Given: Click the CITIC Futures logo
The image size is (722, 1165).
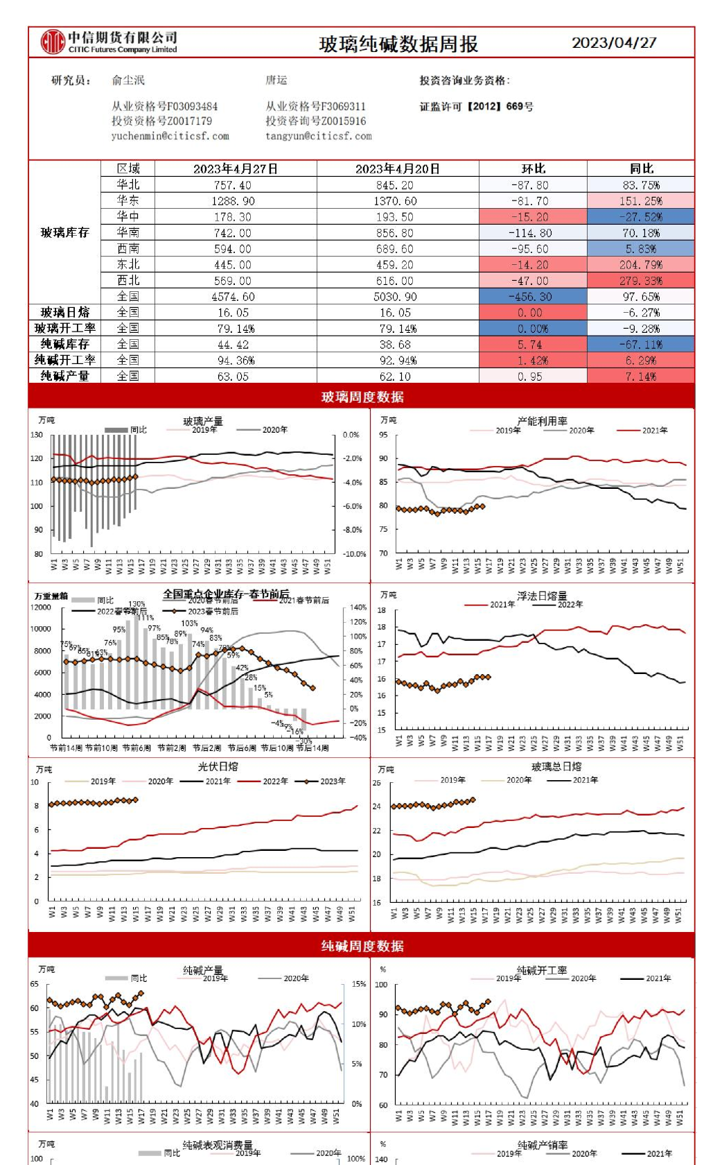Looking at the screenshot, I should tap(109, 42).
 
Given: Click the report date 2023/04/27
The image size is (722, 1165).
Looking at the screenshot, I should tap(614, 42).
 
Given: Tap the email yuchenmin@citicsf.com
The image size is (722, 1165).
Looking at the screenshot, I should tap(170, 136).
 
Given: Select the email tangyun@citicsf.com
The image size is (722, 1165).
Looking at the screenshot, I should tap(318, 136).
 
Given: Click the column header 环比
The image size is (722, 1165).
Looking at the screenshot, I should tap(533, 169).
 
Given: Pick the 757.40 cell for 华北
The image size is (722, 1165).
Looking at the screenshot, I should tap(233, 185).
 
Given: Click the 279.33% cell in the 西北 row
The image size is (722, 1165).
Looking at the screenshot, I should tap(641, 281).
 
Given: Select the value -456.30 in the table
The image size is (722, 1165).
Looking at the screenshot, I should tap(533, 297).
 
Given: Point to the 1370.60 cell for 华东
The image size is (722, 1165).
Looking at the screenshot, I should tap(396, 201).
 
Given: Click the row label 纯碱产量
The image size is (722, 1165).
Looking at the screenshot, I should tap(64, 376).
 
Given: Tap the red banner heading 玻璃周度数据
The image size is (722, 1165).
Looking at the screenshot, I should tap(362, 397).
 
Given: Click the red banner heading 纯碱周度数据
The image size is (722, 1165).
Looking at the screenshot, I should tap(362, 946).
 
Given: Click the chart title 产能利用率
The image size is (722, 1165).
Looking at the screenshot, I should tap(542, 421).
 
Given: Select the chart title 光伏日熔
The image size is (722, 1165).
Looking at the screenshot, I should tap(218, 766).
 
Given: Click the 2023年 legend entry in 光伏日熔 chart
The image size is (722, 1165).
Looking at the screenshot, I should tap(327, 781).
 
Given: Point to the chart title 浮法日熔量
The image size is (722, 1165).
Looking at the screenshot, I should tap(542, 596).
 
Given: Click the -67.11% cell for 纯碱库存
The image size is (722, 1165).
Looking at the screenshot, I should tap(641, 345).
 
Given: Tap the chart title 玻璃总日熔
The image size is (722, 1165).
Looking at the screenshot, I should tap(556, 766).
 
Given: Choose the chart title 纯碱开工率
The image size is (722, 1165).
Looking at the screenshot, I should tap(542, 970).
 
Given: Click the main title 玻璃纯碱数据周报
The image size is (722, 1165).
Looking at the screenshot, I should tap(398, 44).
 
